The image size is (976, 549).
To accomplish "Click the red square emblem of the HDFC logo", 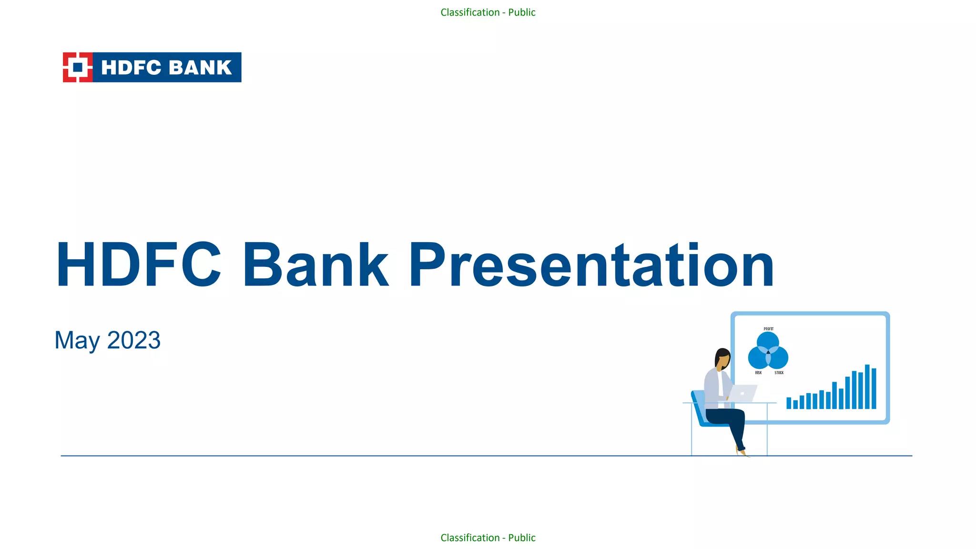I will tap(77, 67).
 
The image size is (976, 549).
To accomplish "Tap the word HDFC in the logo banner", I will tap(131, 68).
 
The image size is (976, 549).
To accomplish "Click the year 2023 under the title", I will tap(134, 340).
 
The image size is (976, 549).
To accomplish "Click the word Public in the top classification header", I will tap(521, 12).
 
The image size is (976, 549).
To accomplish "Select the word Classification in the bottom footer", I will tap(469, 538).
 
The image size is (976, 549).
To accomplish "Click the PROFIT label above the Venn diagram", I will tap(768, 329).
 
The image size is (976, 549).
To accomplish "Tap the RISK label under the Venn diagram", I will tap(758, 373).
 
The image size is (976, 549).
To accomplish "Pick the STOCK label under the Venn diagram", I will tap(779, 373).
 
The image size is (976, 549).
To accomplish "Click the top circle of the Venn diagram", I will tap(768, 340).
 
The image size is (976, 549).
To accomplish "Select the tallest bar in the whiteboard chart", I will tap(867, 386).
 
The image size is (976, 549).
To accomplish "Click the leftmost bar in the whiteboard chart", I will tap(789, 403).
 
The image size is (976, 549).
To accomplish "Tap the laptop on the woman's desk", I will tap(743, 394).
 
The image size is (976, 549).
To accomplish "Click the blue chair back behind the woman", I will tap(699, 407).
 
